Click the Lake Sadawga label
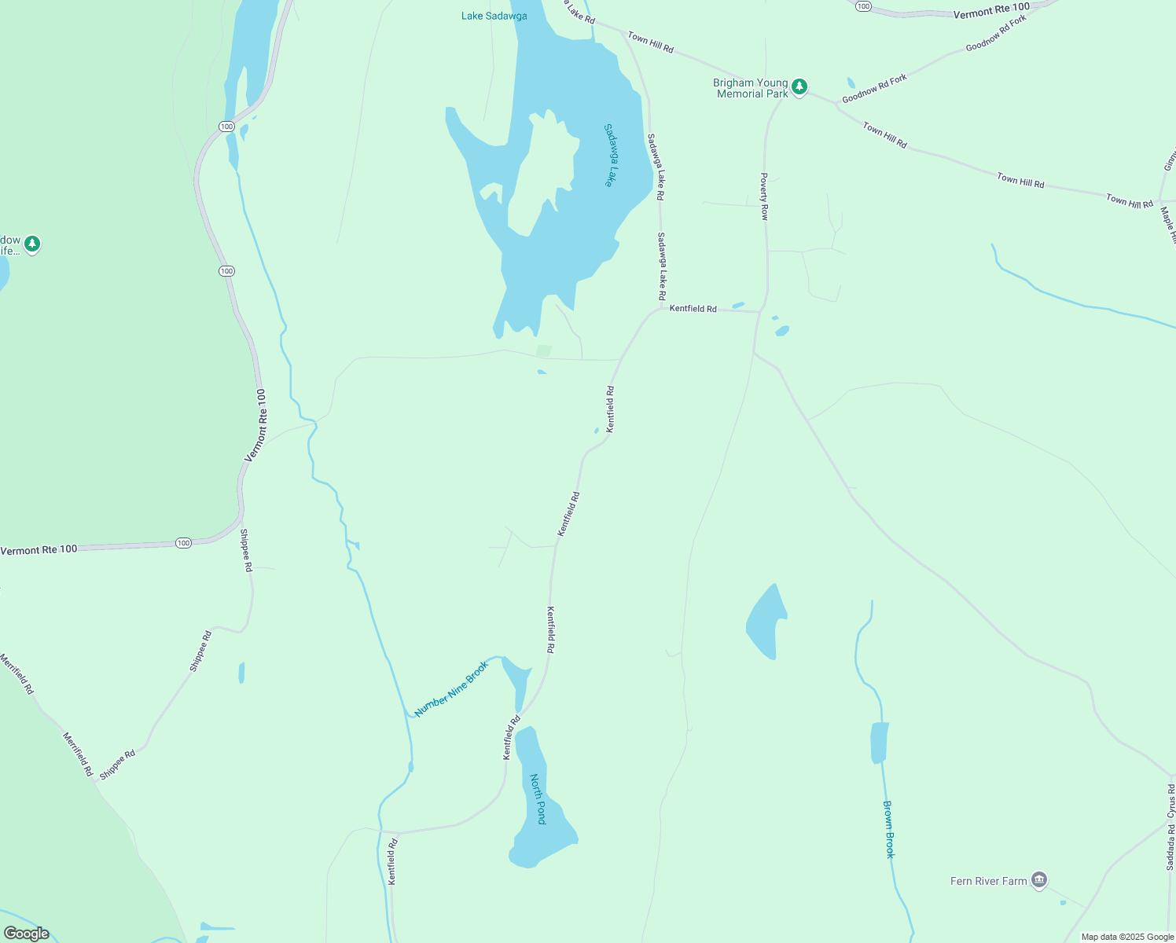pyautogui.click(x=494, y=16)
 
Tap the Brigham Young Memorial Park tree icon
pyautogui.click(x=799, y=87)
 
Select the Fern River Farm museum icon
pyautogui.click(x=1039, y=880)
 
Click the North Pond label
pyautogui.click(x=538, y=799)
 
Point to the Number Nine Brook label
pyautogui.click(x=451, y=688)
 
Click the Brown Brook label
pyautogui.click(x=889, y=829)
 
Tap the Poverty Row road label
pyautogui.click(x=764, y=196)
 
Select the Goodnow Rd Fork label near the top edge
pyautogui.click(x=996, y=33)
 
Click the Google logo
pyautogui.click(x=26, y=934)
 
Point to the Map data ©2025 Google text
pyautogui.click(x=1127, y=937)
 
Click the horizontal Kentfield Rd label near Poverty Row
pyautogui.click(x=693, y=309)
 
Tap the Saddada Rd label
pyautogui.click(x=1170, y=847)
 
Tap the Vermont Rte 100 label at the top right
pyautogui.click(x=991, y=11)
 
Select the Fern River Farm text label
pyautogui.click(x=988, y=881)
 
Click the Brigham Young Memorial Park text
pyautogui.click(x=751, y=88)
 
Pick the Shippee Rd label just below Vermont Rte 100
pyautogui.click(x=246, y=550)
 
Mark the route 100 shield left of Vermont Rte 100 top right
pyautogui.click(x=863, y=6)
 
